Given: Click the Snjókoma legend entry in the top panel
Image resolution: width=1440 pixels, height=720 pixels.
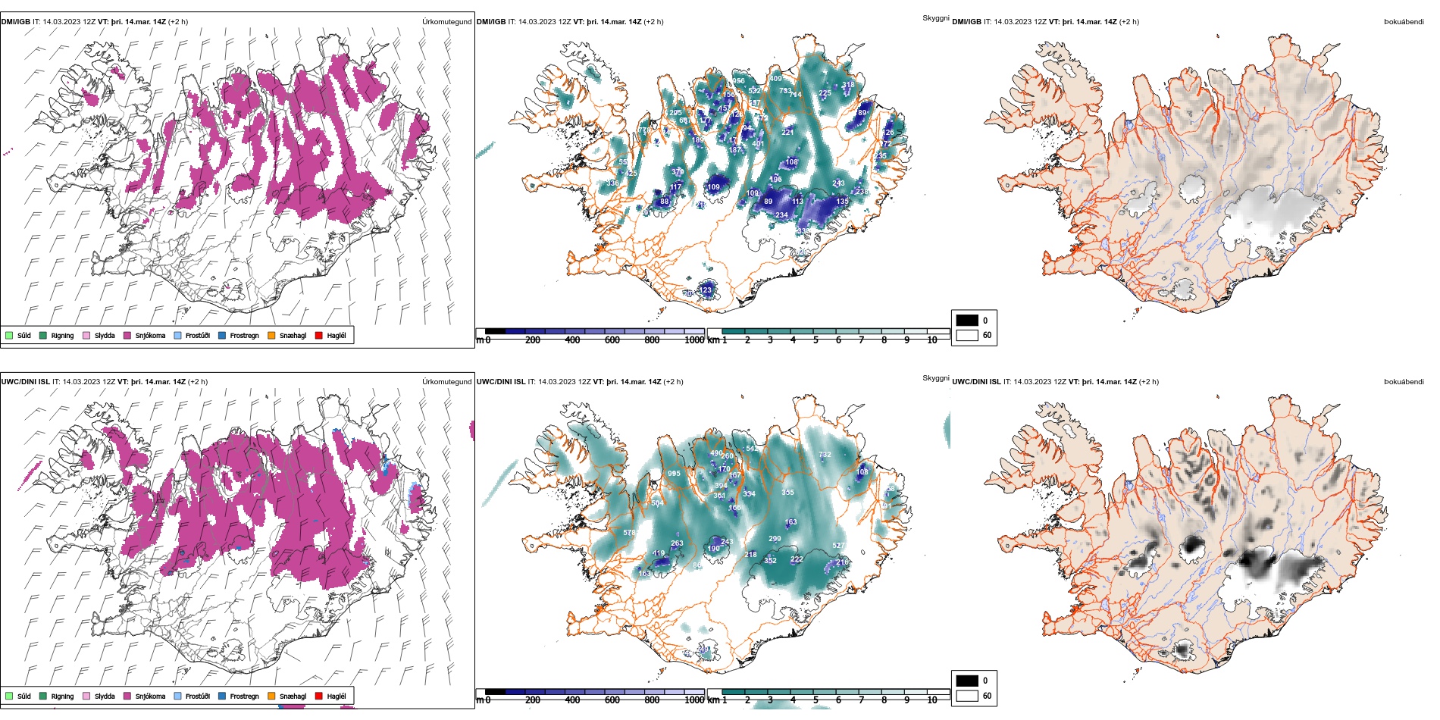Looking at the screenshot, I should [150, 335].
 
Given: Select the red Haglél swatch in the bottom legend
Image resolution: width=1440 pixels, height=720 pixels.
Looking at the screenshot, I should [319, 696].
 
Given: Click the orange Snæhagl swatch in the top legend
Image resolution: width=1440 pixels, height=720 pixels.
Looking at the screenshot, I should [271, 335].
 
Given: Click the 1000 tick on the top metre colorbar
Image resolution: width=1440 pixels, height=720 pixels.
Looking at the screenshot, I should [694, 340].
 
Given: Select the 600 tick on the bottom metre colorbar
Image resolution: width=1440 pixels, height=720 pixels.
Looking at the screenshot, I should [612, 700].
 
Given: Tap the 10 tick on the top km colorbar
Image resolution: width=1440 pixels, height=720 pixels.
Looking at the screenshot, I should [932, 340].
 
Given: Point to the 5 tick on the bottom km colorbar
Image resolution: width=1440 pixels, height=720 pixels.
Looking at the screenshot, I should [815, 700].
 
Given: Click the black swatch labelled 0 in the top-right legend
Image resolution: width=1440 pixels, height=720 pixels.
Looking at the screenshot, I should [967, 320].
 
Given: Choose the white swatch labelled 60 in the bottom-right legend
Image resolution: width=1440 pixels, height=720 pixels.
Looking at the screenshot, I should [967, 695].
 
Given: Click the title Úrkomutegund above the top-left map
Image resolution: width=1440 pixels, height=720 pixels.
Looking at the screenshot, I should [446, 22].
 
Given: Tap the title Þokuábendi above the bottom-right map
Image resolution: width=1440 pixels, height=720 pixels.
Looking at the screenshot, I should [1404, 382].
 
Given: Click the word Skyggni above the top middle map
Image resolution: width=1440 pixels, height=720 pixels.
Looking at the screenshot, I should [935, 17].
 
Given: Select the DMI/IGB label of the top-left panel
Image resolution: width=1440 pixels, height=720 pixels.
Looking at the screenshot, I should [16, 22].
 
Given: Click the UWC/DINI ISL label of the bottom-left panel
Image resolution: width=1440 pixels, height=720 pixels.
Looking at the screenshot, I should [25, 382].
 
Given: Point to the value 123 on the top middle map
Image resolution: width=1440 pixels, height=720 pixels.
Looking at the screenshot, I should [706, 290].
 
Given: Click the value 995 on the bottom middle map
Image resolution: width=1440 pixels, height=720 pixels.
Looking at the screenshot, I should [674, 474].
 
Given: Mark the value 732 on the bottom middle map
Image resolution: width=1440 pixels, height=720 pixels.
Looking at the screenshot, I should [825, 455].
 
